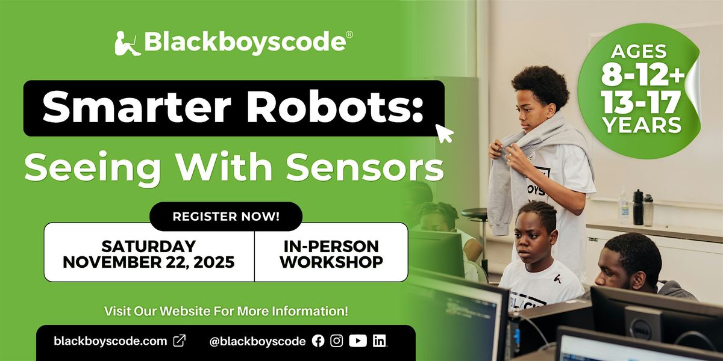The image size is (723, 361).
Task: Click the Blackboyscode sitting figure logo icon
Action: click(x=128, y=43)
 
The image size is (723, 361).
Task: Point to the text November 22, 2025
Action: click(x=149, y=262)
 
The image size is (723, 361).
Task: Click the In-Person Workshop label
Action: click(x=331, y=254)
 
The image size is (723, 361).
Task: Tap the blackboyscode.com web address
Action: click(x=110, y=341)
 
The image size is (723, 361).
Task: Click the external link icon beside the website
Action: click(x=180, y=341)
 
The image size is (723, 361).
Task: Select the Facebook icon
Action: click(x=318, y=341)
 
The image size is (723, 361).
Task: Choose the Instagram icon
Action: click(x=337, y=341)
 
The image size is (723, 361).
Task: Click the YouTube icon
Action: click(x=357, y=341)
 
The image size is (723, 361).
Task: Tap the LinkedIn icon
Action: click(x=379, y=341)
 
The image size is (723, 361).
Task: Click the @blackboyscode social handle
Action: click(x=257, y=341)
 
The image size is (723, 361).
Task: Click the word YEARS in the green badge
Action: click(x=641, y=126)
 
